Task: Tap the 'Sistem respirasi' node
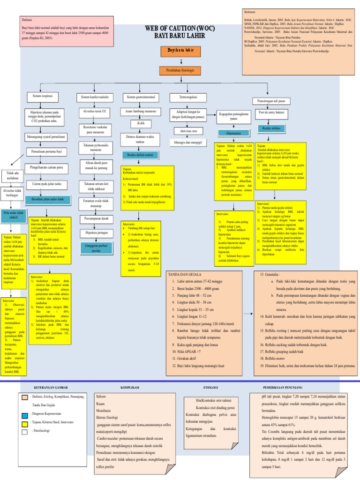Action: [x=42, y=96]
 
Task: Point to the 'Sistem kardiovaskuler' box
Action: [x=95, y=97]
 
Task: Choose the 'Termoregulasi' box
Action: [x=186, y=97]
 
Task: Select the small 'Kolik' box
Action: [x=140, y=123]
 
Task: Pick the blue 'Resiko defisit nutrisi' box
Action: [x=140, y=155]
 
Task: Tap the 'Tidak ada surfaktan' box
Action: [x=13, y=176]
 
